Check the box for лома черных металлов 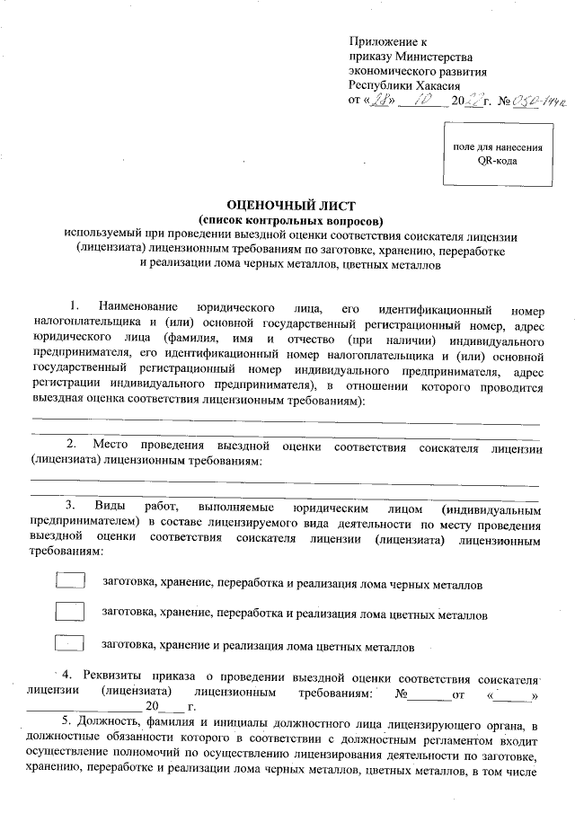[x=70, y=582]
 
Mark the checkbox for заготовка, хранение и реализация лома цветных [x=70, y=643]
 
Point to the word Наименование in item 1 [x=137, y=307]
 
